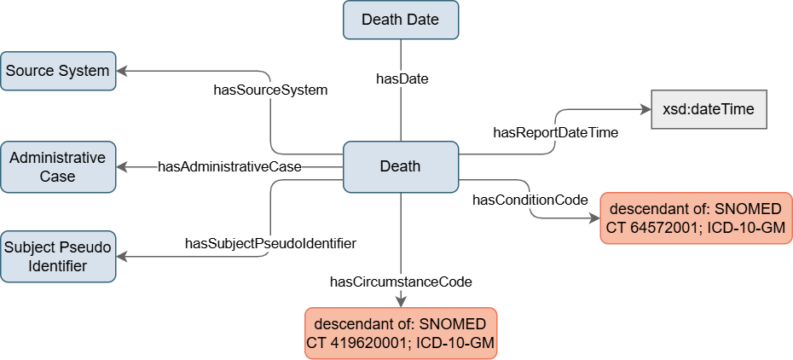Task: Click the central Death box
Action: tap(401, 165)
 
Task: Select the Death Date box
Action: tap(401, 20)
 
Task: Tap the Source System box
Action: tap(57, 71)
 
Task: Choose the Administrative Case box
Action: tap(57, 166)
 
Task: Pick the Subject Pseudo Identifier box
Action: tap(57, 255)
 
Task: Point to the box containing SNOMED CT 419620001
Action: tap(401, 334)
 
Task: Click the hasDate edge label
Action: tap(402, 78)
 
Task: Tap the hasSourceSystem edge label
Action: tap(270, 89)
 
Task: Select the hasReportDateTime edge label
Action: tap(555, 132)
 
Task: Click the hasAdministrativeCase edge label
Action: tap(229, 166)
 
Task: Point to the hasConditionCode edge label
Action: tap(530, 200)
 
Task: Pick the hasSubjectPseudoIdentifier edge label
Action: tap(269, 244)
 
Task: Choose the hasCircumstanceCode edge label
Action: tap(401, 281)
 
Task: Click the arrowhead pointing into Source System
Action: tap(121, 71)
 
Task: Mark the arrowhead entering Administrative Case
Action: tap(121, 166)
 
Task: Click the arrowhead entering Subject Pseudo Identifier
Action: tap(121, 255)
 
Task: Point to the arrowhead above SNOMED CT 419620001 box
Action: tap(401, 300)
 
